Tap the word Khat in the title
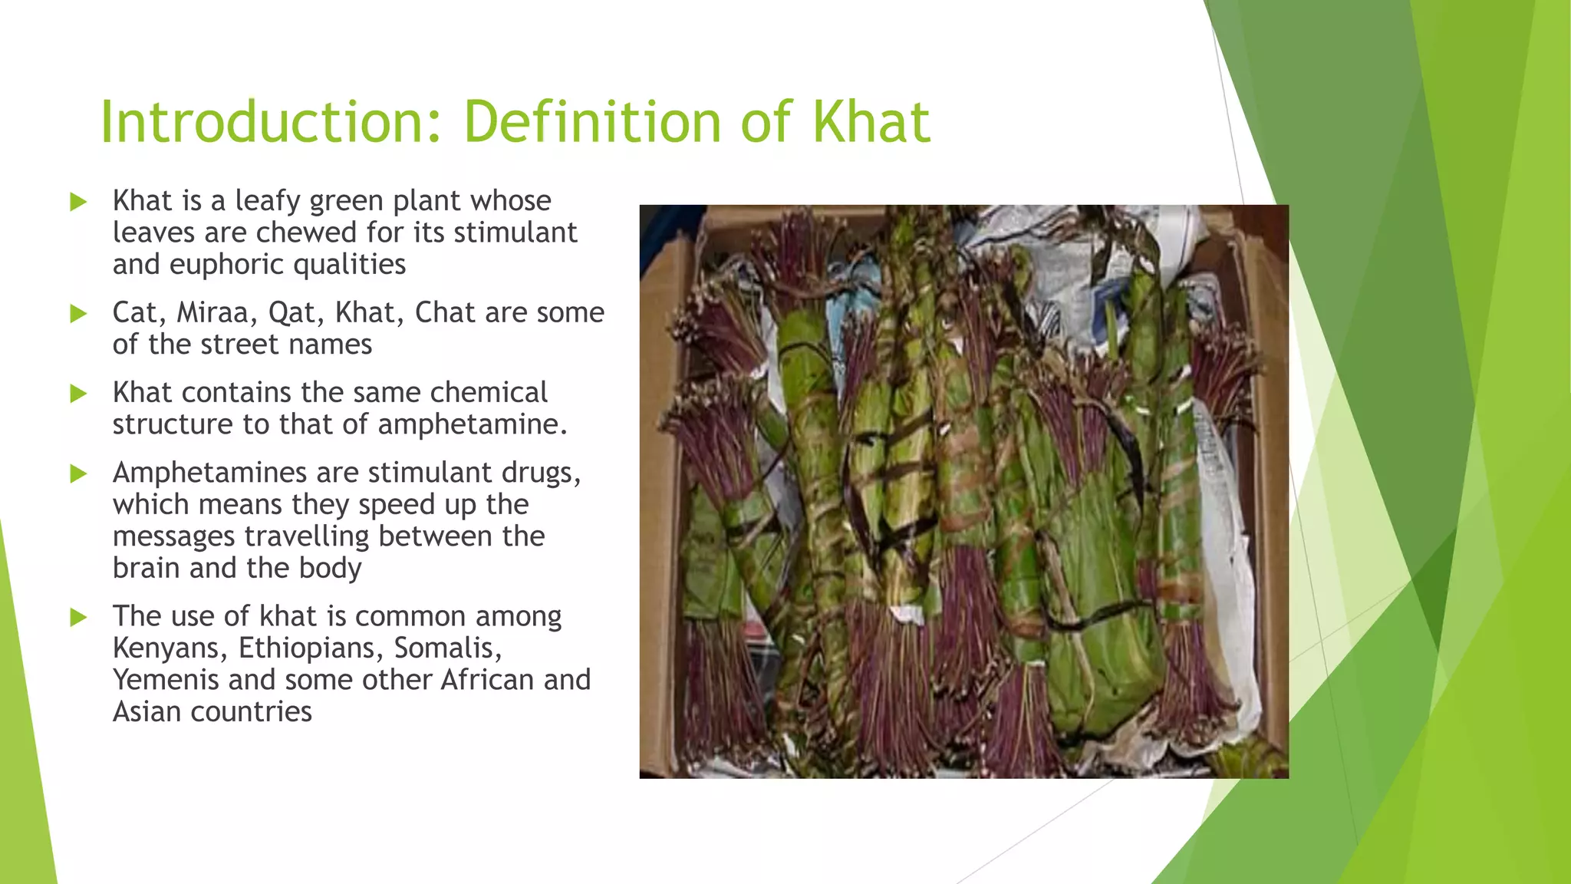coord(871,123)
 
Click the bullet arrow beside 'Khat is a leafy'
coord(78,202)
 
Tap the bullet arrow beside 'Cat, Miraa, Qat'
coord(78,314)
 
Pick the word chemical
coord(488,393)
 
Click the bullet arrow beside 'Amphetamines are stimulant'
coord(78,473)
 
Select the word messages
coord(173,536)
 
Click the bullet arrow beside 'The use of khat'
coord(78,617)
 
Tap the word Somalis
coord(447,648)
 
